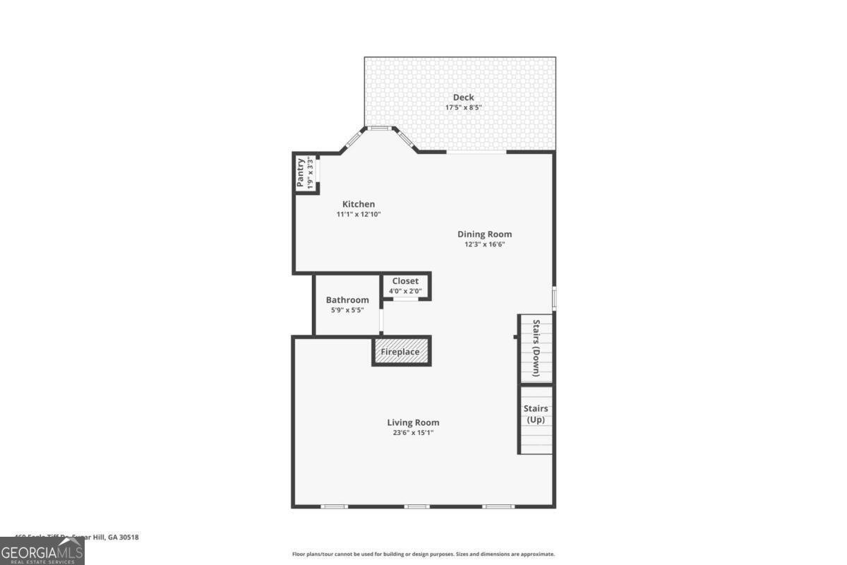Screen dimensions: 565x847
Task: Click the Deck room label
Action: pos(463,97)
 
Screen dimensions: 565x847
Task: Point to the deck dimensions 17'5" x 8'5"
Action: pos(463,108)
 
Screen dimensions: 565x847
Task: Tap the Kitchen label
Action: pos(359,204)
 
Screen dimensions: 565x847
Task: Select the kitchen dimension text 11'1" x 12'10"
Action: pos(359,214)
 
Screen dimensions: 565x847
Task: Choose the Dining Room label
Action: pos(484,234)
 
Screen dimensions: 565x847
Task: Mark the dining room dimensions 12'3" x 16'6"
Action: pos(484,244)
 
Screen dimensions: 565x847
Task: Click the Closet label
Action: pos(405,281)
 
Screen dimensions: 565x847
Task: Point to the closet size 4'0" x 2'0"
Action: pos(405,290)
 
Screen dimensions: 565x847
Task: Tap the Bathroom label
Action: pos(347,300)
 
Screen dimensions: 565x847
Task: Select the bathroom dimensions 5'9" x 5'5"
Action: pos(347,309)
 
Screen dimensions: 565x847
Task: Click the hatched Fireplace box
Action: pos(401,352)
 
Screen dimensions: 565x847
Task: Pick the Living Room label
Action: pos(414,422)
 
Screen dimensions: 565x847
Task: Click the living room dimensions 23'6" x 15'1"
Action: pos(414,432)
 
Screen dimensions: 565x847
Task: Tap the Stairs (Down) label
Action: pos(536,348)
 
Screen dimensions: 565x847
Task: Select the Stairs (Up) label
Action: pos(536,414)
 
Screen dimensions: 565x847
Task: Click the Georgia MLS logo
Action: pos(42,551)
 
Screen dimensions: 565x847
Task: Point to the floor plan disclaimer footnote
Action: pos(423,554)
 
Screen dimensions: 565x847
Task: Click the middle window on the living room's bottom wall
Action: pos(416,506)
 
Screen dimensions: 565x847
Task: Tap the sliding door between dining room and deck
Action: pos(476,151)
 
